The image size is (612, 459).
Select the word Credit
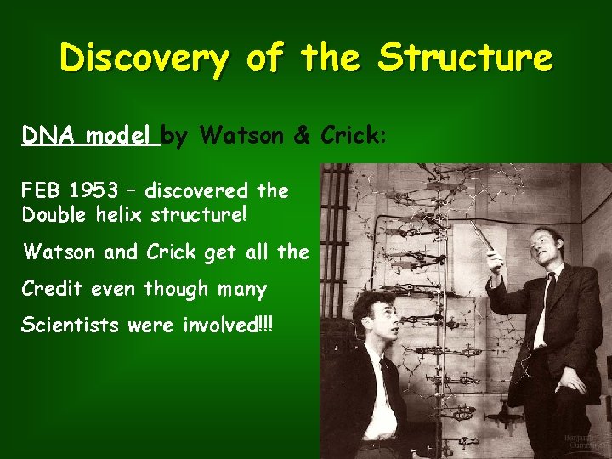(52, 289)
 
